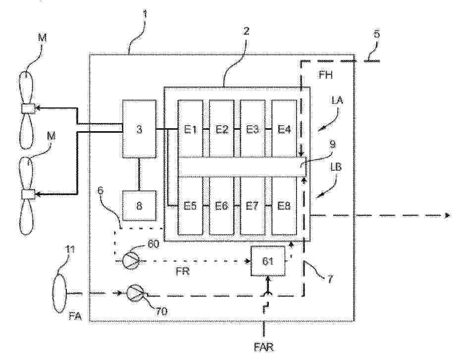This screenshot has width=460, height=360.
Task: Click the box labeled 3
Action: pos(139,129)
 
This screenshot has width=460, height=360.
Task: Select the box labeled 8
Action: pos(139,205)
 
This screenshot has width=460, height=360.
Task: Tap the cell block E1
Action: pos(191,129)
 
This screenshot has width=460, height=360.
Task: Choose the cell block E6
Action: pos(222,205)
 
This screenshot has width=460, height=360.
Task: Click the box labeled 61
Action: pos(268,260)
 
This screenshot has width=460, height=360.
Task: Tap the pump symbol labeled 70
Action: pos(135,293)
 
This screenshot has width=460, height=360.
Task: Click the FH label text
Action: pos(327,76)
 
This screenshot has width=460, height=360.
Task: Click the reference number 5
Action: pos(377,35)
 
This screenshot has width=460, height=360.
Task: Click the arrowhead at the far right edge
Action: pos(448,215)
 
